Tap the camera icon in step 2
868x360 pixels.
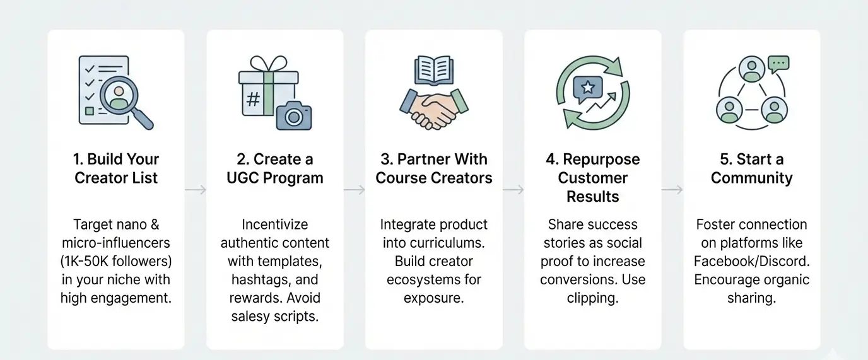[x=294, y=115]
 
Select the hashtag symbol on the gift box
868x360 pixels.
[x=253, y=99]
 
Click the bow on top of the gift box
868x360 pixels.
[x=269, y=64]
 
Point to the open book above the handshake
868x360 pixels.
[x=433, y=71]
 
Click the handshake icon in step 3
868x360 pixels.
[x=433, y=109]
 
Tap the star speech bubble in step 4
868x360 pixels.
[x=588, y=89]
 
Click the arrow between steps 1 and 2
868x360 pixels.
[x=196, y=190]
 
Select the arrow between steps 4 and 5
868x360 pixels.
[x=672, y=190]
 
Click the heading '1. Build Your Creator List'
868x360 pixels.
[x=116, y=168]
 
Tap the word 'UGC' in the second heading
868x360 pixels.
[x=243, y=178]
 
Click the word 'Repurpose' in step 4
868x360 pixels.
[x=601, y=160]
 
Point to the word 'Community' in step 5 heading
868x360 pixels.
[x=752, y=178]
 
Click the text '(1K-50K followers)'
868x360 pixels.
[x=116, y=261]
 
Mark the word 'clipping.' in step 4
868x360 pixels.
[x=592, y=298]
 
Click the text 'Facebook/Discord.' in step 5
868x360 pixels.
[x=752, y=261]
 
